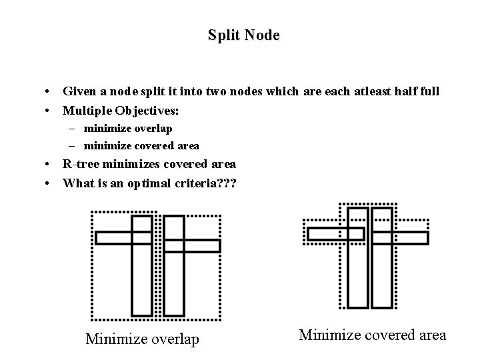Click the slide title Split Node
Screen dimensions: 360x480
click(243, 35)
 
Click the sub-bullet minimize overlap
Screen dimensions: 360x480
click(127, 128)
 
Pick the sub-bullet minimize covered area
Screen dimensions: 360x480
click(141, 145)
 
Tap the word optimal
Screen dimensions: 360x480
click(146, 182)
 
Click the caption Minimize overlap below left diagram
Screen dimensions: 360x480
click(142, 339)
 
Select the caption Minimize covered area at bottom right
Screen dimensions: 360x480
click(373, 335)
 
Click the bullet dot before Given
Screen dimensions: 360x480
click(49, 91)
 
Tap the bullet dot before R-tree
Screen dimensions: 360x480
click(49, 165)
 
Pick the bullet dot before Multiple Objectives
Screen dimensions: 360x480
click(49, 109)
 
